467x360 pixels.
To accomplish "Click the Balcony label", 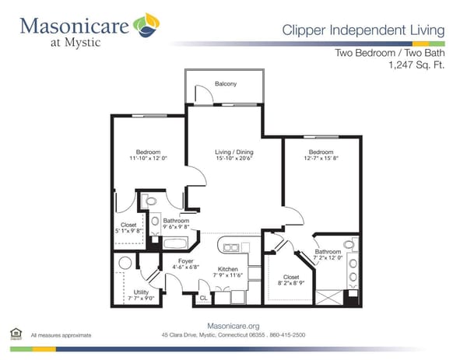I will pyautogui.click(x=226, y=84).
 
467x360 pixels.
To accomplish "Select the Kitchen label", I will pyautogui.click(x=227, y=268).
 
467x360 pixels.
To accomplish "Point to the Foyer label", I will pyautogui.click(x=185, y=260).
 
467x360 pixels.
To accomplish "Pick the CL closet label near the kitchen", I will pyautogui.click(x=204, y=298).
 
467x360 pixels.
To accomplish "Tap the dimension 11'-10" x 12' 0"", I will pyautogui.click(x=148, y=159).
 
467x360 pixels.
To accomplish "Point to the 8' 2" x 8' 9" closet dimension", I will pyautogui.click(x=291, y=284).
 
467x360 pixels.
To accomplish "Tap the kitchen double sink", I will pyautogui.click(x=232, y=248).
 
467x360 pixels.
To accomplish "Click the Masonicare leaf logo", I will pyautogui.click(x=146, y=26).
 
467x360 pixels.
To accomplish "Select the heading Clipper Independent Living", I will pyautogui.click(x=363, y=30).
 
